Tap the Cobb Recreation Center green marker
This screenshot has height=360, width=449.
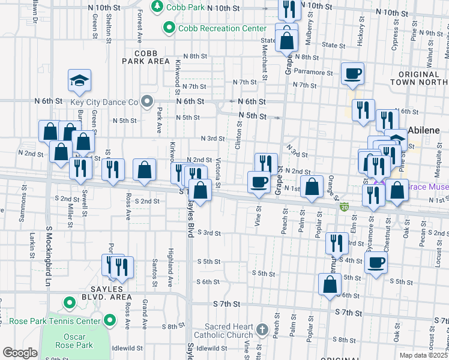[169, 28]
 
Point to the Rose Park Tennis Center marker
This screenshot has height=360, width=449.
[109, 322]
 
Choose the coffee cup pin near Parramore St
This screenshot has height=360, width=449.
[352, 74]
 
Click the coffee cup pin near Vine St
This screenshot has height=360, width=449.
[259, 182]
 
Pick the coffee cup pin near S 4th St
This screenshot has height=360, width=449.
[376, 262]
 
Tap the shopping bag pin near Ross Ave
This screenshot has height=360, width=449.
[145, 170]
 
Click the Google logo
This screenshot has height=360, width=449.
[20, 353]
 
